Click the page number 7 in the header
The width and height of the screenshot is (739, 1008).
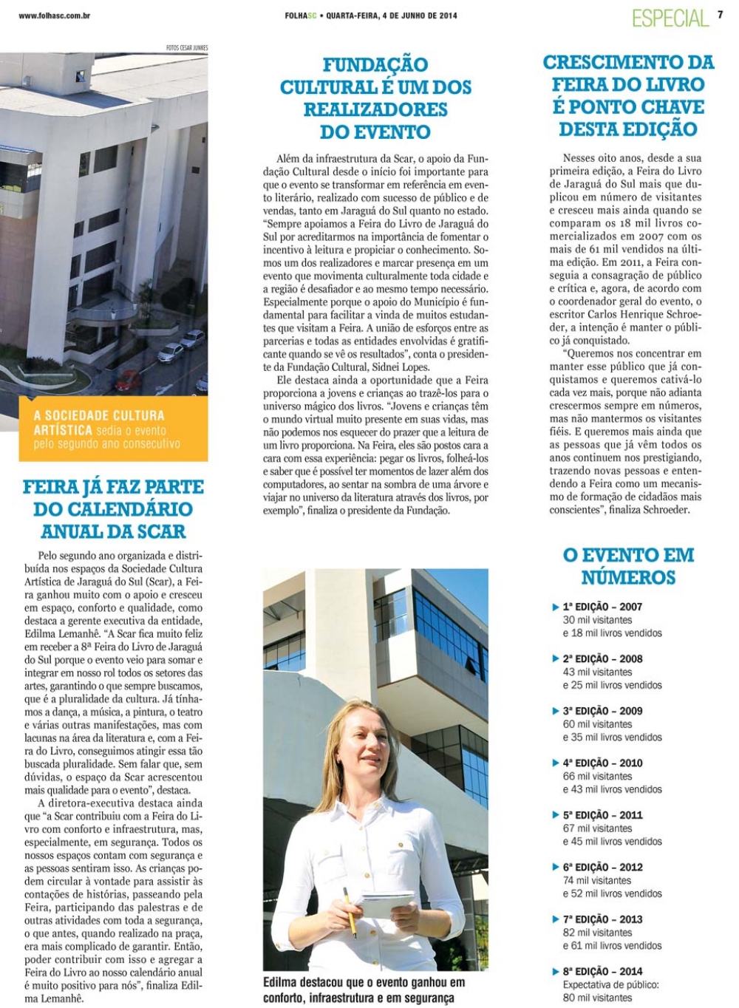click(x=720, y=14)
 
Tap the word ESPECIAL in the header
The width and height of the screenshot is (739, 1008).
click(x=670, y=18)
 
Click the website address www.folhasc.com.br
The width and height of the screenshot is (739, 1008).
click(x=55, y=16)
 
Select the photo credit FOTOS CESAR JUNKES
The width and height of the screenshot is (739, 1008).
click(x=187, y=48)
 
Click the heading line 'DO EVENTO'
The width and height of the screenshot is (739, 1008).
click(x=375, y=132)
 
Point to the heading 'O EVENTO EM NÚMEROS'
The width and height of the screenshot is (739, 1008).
click(x=628, y=566)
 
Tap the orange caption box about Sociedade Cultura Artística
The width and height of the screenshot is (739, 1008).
click(x=113, y=429)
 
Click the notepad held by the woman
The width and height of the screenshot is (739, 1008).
click(x=386, y=903)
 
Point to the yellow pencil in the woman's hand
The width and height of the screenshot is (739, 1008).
click(x=350, y=911)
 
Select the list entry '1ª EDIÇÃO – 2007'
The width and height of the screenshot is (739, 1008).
click(x=602, y=607)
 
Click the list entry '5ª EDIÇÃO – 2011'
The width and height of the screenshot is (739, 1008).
click(x=602, y=815)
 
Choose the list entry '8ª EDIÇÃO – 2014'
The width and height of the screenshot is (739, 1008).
click(x=602, y=971)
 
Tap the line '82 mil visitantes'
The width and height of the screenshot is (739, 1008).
click(x=597, y=933)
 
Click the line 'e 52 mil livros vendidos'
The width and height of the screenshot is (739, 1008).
click(x=612, y=893)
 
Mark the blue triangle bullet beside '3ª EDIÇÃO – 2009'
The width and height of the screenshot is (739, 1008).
click(x=556, y=711)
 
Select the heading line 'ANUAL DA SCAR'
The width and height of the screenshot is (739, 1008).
click(x=113, y=531)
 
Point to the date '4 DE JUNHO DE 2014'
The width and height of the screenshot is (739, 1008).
click(x=419, y=16)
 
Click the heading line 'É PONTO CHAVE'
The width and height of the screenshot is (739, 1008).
click(x=628, y=107)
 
